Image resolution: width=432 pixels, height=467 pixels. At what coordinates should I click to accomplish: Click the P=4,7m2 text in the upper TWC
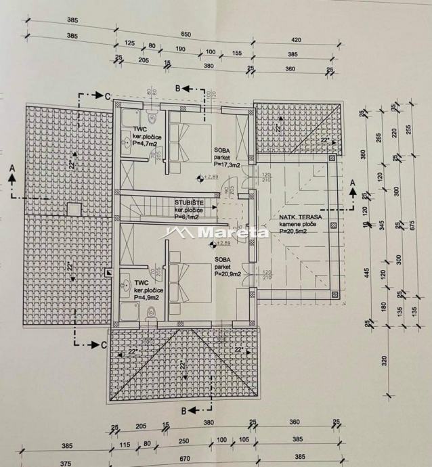[x=146, y=143]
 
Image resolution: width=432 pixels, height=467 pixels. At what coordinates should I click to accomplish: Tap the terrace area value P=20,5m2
[x=295, y=231]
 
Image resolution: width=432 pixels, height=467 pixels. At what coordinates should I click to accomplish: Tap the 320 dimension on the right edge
[x=385, y=361]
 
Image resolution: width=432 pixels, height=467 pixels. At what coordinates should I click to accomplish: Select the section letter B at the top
[x=178, y=88]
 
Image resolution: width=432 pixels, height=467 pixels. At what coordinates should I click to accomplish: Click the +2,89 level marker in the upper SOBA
[x=211, y=178]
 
